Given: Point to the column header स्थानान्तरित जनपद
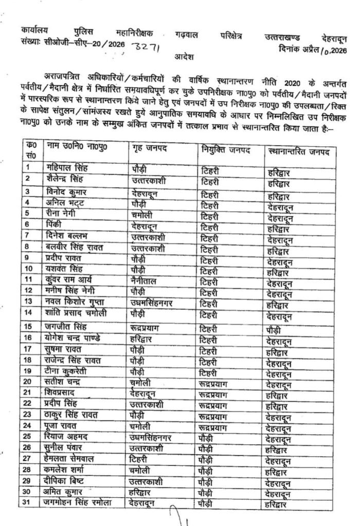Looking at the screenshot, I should pyautogui.click(x=299, y=153).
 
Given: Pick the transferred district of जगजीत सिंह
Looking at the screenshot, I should pyautogui.click(x=275, y=327).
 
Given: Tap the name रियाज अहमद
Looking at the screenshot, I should pyautogui.click(x=64, y=437).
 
